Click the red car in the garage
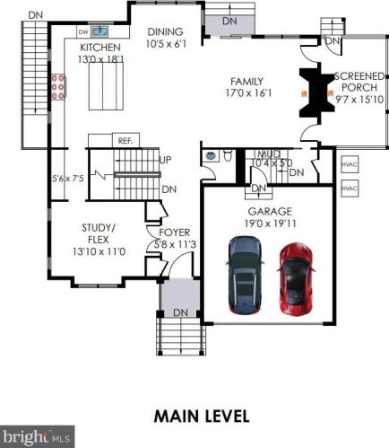[x=296, y=278]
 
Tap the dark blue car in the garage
[x=245, y=275]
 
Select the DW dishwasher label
[x=83, y=32]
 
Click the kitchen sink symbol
[x=99, y=31]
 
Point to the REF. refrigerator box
[x=125, y=140]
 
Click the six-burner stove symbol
[x=58, y=87]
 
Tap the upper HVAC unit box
[x=350, y=164]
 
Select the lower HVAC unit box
[x=350, y=189]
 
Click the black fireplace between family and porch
[x=316, y=93]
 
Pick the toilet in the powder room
[x=228, y=156]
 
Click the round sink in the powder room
[x=211, y=155]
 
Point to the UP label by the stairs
[x=166, y=160]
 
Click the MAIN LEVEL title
[x=202, y=417]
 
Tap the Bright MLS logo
[x=37, y=436]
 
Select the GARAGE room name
[x=270, y=212]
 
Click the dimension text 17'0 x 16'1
[x=248, y=93]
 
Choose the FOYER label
[x=175, y=233]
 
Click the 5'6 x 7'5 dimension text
[x=68, y=179]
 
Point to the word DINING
[x=166, y=31]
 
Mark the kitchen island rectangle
[x=106, y=86]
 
